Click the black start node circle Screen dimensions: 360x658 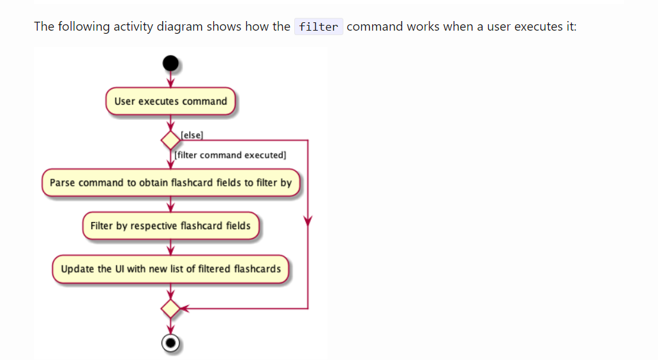170,63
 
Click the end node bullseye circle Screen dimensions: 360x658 170,343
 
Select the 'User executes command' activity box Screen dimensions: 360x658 170,101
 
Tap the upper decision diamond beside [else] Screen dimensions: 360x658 170,140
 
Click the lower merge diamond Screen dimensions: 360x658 170,309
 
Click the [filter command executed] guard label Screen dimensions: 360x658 230,155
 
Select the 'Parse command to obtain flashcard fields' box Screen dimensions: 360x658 170,183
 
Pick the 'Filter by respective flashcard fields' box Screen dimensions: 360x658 170,226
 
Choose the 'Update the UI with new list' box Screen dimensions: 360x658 170,269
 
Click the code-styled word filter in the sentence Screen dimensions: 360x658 318,27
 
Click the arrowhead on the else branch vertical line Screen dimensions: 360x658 308,221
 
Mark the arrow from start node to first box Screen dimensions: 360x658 170,79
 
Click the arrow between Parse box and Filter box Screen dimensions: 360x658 170,205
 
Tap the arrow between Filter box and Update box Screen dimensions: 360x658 170,248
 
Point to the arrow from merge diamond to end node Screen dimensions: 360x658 170,326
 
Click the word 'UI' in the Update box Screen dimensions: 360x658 119,269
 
